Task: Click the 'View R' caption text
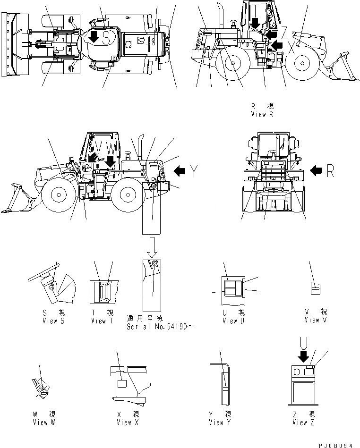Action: coord(263,114)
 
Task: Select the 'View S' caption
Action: coord(50,321)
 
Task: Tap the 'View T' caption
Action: coord(102,321)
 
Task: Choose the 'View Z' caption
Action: coord(303,422)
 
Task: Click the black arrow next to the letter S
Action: coord(94,38)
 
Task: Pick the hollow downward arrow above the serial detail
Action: coord(152,247)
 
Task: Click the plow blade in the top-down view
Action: coord(8,44)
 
